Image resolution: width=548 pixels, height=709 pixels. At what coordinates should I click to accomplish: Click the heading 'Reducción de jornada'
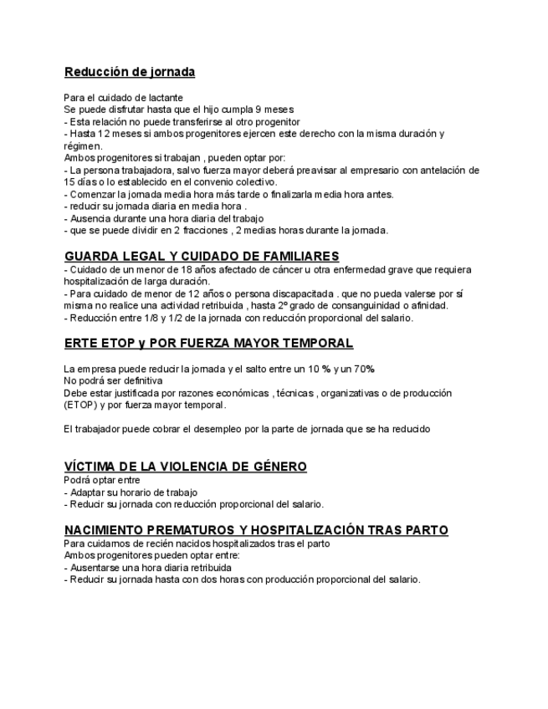click(130, 72)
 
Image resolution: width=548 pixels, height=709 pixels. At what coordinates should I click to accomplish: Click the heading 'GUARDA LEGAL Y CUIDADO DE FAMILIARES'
click(202, 256)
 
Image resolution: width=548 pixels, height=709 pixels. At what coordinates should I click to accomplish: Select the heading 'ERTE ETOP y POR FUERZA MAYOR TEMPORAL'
click(208, 344)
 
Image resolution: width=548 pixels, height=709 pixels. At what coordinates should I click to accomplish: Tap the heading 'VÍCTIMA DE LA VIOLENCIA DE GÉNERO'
click(186, 466)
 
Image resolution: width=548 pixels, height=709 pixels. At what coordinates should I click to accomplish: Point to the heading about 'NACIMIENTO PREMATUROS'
click(256, 530)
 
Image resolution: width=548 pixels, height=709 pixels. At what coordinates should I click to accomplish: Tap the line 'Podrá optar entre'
click(102, 481)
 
